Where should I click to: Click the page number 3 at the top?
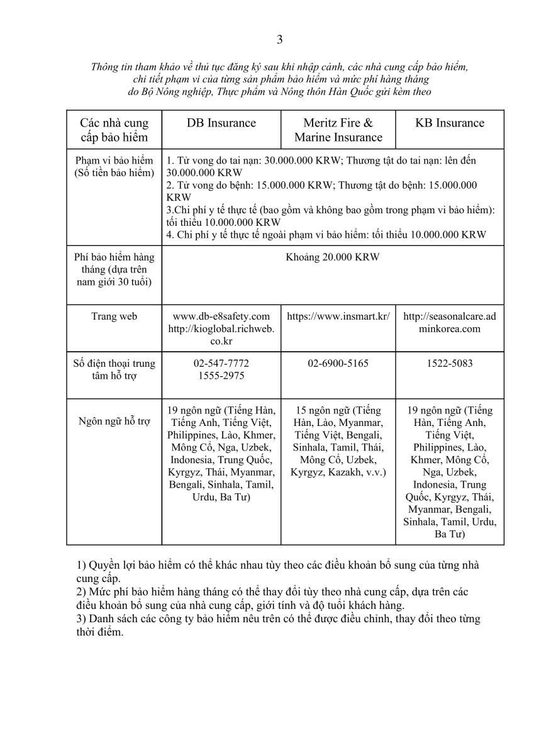pyautogui.click(x=280, y=40)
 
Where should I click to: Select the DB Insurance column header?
pyautogui.click(x=221, y=123)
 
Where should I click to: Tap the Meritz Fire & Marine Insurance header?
pyautogui.click(x=338, y=130)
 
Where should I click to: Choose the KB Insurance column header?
pyautogui.click(x=450, y=123)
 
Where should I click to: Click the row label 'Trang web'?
pyautogui.click(x=114, y=316)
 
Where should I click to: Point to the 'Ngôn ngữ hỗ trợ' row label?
pyautogui.click(x=114, y=421)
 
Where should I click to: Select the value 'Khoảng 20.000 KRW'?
pyautogui.click(x=333, y=257)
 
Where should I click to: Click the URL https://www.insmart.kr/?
pyautogui.click(x=338, y=316)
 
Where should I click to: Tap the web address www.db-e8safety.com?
pyautogui.click(x=221, y=316)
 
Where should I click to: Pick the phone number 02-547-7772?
pyautogui.click(x=221, y=364)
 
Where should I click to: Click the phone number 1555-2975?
pyautogui.click(x=221, y=376)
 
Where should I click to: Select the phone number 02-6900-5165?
pyautogui.click(x=338, y=364)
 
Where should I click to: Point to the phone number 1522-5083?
pyautogui.click(x=450, y=364)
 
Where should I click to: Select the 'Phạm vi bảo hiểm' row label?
pyautogui.click(x=114, y=160)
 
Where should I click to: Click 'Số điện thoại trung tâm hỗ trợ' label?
pyautogui.click(x=114, y=369)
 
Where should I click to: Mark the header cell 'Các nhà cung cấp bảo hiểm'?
pyautogui.click(x=114, y=130)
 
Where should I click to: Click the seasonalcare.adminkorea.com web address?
pyautogui.click(x=450, y=322)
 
